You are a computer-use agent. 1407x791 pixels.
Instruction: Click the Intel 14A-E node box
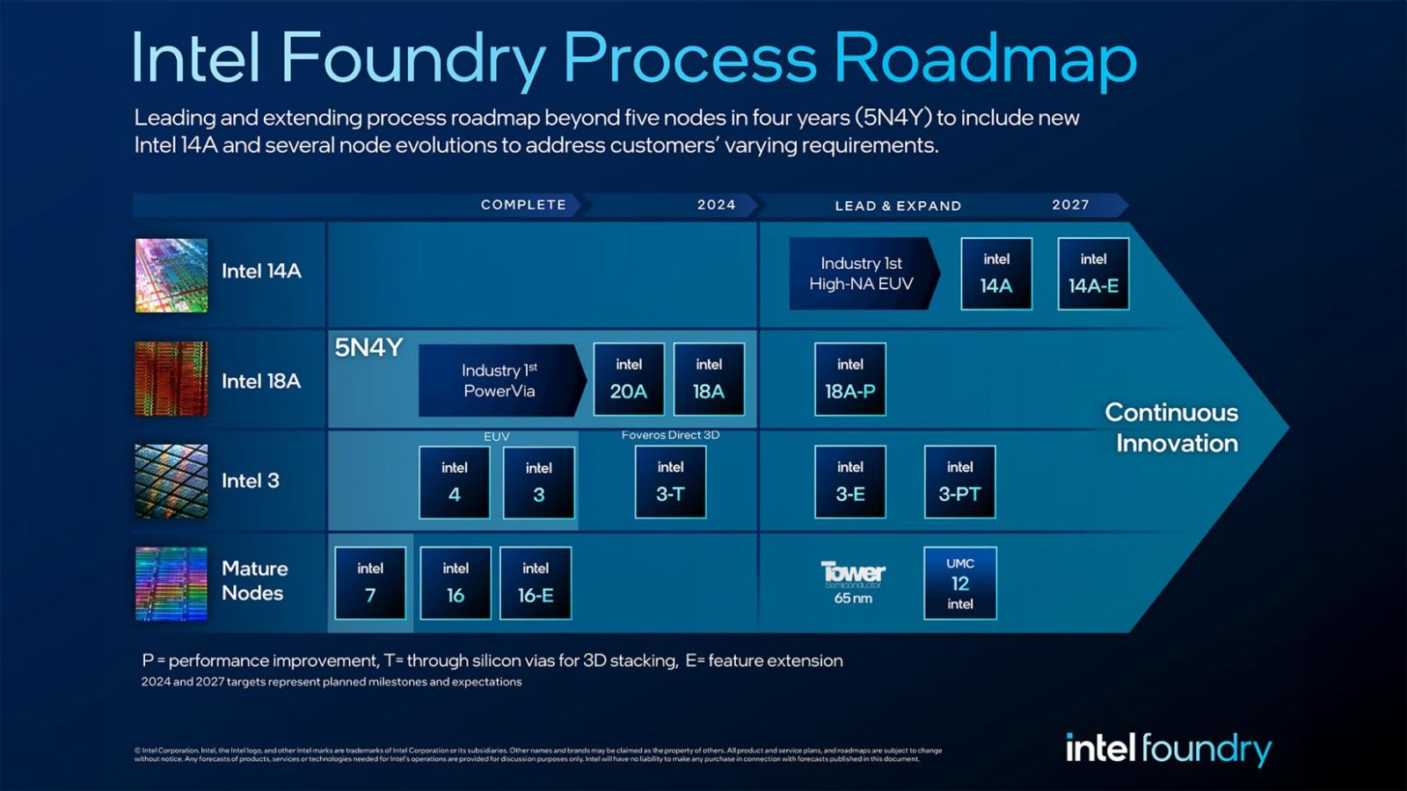pos(1093,273)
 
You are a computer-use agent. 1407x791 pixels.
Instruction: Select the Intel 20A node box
pos(629,379)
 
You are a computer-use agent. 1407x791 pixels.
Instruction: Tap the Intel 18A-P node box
pos(849,379)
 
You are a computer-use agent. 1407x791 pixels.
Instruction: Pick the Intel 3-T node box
pos(670,481)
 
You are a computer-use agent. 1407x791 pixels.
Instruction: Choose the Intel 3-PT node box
pos(959,482)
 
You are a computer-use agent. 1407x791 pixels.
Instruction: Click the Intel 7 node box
pos(370,583)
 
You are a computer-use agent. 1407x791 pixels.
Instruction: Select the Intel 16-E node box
pos(536,583)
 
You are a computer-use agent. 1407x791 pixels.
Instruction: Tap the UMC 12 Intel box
pos(959,583)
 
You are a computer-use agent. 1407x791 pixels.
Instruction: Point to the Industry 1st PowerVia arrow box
pos(499,381)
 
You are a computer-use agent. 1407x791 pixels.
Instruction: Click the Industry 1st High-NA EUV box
pos(862,273)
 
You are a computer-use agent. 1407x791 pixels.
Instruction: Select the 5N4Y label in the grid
pos(368,348)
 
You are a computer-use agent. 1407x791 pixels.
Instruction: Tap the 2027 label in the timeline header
pos(1070,205)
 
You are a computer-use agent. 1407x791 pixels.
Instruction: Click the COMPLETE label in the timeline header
pos(523,205)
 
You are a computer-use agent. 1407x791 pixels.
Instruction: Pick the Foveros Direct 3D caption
pos(670,435)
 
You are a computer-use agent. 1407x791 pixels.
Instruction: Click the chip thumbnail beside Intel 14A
pos(171,275)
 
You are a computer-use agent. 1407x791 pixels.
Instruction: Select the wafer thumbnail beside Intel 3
pos(171,481)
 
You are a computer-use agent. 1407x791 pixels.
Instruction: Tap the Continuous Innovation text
pos(1172,428)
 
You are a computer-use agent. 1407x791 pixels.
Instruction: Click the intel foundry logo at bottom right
pos(1168,749)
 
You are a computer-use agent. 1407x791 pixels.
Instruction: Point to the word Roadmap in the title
pos(985,59)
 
